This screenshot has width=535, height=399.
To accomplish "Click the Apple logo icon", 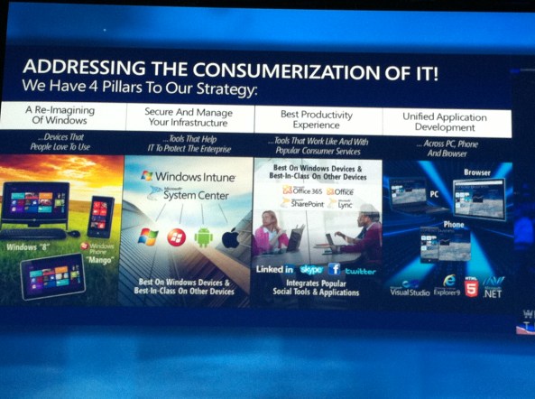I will click(232, 237).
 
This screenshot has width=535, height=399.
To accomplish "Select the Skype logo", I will click(311, 270).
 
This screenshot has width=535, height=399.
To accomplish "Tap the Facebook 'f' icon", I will click(334, 269).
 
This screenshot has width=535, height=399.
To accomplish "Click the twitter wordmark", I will click(359, 270).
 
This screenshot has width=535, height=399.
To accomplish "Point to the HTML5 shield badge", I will click(470, 285).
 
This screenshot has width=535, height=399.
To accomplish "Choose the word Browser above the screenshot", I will click(477, 172).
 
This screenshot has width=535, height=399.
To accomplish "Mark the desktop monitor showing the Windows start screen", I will click(35, 203).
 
